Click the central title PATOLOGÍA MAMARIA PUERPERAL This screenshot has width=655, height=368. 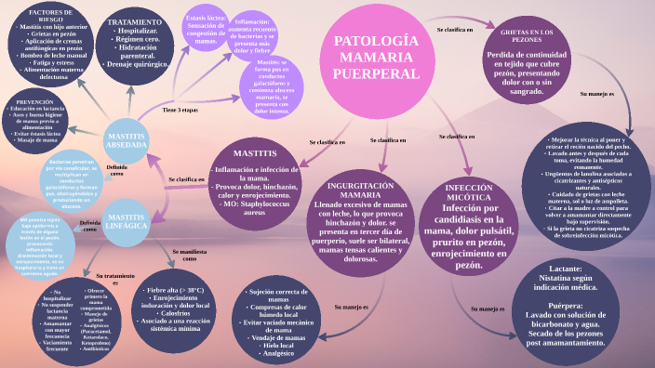click(x=376, y=57)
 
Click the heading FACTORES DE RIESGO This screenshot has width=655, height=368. click(x=46, y=16)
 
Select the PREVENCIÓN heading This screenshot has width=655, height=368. click(x=35, y=101)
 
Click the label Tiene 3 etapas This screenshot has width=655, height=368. click(x=180, y=110)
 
